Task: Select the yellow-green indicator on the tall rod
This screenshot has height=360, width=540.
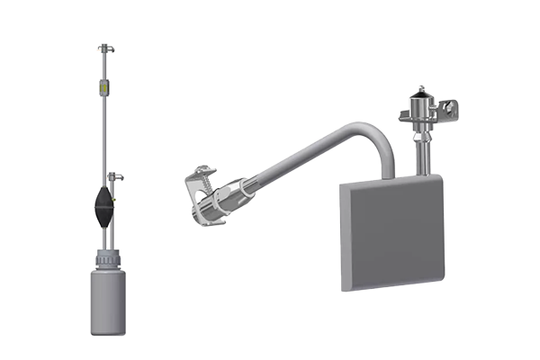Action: (103, 88)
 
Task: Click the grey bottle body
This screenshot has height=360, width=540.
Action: (109, 301)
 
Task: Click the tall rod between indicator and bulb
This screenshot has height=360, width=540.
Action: (103, 135)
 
